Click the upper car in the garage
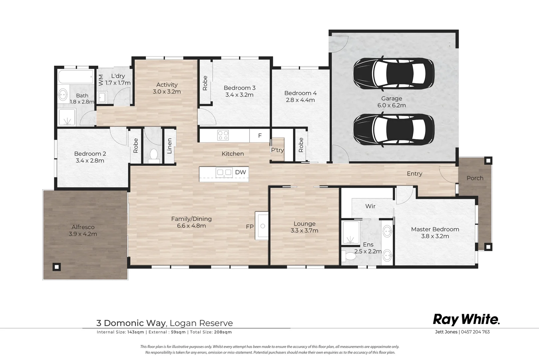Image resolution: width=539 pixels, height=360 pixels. [x=393, y=73]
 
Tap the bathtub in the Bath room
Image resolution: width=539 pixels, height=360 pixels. [x=76, y=77]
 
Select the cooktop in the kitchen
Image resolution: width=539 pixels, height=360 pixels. [x=223, y=135]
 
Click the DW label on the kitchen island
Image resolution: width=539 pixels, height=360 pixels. [x=241, y=172]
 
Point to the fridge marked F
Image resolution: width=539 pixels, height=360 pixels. [x=260, y=136]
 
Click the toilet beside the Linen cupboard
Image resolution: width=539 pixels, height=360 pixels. [x=154, y=156]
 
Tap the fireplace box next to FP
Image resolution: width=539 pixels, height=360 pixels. [x=262, y=226]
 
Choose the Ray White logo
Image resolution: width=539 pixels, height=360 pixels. [x=466, y=320]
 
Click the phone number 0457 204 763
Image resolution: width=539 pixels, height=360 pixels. [x=475, y=332]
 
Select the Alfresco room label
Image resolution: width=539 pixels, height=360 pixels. [x=83, y=227]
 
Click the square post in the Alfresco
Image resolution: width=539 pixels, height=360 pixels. [x=57, y=267]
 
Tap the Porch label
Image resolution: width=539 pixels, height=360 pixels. [x=475, y=178]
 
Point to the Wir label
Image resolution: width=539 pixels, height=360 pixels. [x=370, y=206]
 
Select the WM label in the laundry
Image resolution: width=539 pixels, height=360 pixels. [x=101, y=80]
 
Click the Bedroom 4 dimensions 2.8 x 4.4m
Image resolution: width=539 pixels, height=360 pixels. [x=300, y=100]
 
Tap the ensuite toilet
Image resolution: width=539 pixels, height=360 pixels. [x=349, y=256]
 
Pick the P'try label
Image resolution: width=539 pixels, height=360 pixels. [x=277, y=150]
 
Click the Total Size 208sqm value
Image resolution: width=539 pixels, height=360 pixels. [x=223, y=332]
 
